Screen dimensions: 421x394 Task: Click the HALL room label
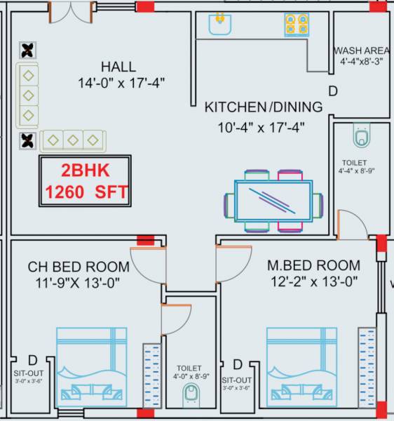pyautogui.click(x=118, y=67)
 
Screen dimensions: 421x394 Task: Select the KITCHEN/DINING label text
pyautogui.click(x=264, y=107)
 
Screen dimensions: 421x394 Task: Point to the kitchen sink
pyautogui.click(x=219, y=25)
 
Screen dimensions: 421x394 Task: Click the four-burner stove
pyautogui.click(x=296, y=25)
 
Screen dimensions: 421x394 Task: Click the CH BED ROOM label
pyautogui.click(x=79, y=267)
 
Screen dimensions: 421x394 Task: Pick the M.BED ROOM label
pyautogui.click(x=314, y=266)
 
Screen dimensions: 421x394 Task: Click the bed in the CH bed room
pyautogui.click(x=91, y=365)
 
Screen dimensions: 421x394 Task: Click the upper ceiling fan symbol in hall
pyautogui.click(x=28, y=50)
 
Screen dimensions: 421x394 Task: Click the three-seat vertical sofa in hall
pyautogui.click(x=28, y=95)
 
